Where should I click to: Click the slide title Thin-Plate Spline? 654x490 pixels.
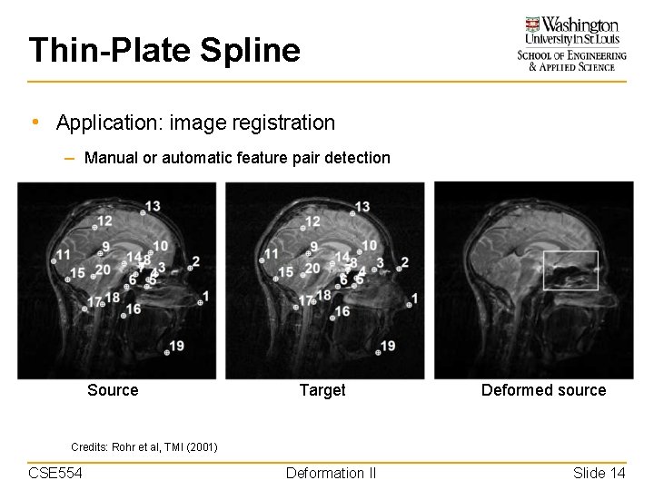pos(163,50)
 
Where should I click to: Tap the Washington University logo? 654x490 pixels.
pos(571,43)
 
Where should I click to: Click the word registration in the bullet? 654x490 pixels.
pos(282,122)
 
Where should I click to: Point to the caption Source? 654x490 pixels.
pos(113,390)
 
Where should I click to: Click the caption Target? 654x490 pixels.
pos(322,390)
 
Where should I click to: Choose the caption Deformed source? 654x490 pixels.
pos(543,390)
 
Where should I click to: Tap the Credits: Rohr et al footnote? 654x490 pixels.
pos(144,446)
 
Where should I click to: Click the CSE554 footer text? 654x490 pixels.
pos(55,473)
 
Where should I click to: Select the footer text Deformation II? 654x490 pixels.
pos(331,473)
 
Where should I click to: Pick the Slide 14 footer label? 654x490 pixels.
pos(599,473)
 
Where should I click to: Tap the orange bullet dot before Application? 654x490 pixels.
pos(34,122)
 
